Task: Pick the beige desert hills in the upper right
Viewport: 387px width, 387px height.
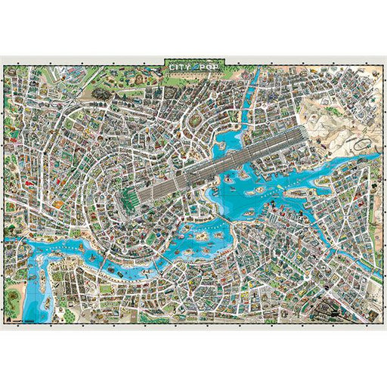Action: pos(333,113)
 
